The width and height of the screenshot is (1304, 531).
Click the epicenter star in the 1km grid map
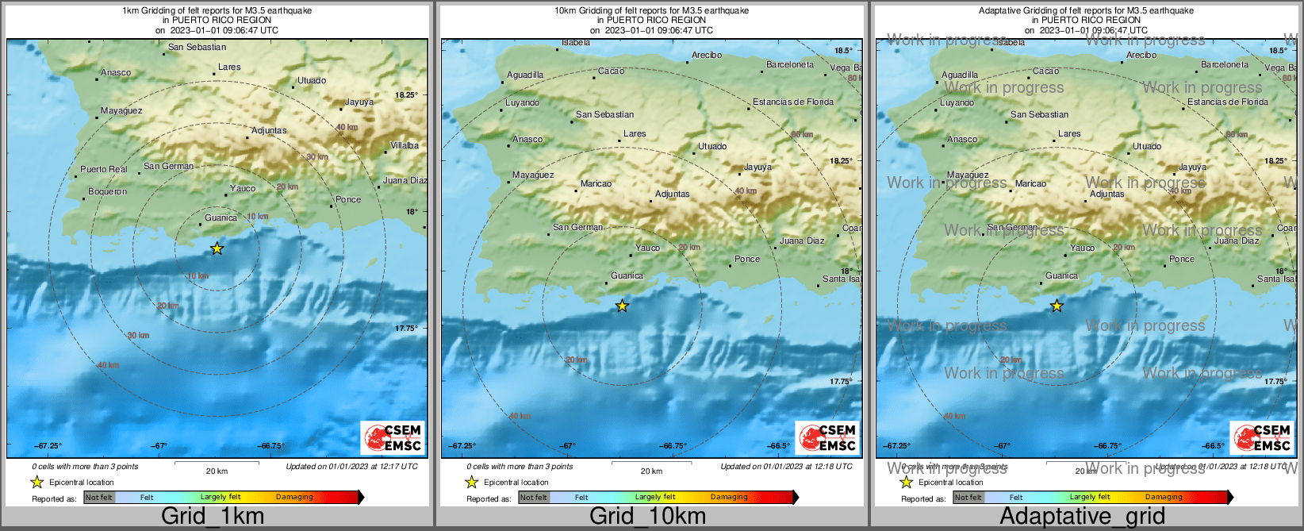click(217, 248)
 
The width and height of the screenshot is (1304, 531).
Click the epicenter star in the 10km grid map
click(622, 306)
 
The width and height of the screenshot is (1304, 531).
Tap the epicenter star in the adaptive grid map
click(1057, 306)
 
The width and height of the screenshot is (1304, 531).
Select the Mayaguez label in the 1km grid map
click(121, 110)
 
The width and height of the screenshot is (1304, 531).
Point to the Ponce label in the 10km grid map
click(746, 259)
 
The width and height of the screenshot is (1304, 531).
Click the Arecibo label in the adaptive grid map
click(1141, 55)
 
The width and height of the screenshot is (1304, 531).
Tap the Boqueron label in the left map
click(107, 191)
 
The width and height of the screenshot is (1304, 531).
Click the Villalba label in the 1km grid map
click(405, 145)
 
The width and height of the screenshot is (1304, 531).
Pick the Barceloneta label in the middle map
click(789, 64)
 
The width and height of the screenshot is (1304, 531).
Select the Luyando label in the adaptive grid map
click(957, 102)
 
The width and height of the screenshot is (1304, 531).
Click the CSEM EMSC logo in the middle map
click(827, 437)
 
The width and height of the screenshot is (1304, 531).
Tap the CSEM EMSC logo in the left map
click(393, 437)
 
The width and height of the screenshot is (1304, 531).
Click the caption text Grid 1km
click(213, 516)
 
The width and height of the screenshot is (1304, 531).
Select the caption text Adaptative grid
click(1082, 516)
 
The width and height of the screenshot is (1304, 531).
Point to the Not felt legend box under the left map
click(99, 498)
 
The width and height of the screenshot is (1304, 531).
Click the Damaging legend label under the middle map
click(728, 497)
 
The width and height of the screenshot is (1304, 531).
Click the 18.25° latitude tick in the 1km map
click(407, 94)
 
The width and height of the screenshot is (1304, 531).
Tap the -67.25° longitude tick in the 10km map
click(461, 446)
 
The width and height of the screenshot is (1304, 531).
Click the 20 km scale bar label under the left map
click(217, 471)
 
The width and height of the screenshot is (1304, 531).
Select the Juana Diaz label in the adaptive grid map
click(1236, 240)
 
